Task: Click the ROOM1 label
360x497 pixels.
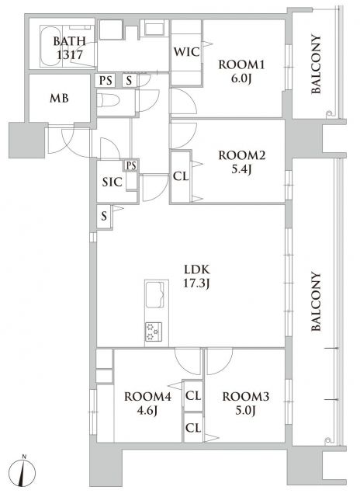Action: point(241,65)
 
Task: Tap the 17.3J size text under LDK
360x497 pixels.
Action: point(196,283)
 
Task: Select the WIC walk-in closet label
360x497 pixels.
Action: point(186,52)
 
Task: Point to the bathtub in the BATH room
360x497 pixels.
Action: point(50,47)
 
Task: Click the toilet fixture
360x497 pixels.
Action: point(108,101)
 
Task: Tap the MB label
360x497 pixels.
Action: point(59,98)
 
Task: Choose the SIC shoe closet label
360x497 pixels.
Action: point(112,182)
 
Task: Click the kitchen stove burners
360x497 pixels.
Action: point(154,332)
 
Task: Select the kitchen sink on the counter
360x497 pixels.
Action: point(154,295)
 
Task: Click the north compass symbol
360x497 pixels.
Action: point(22,473)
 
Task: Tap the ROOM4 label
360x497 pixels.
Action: point(147,397)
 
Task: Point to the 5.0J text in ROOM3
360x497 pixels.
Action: point(245,411)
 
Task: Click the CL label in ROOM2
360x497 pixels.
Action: point(181,176)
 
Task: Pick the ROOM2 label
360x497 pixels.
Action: point(242,155)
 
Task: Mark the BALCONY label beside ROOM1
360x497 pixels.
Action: point(316,64)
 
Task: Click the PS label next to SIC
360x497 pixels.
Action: point(131,165)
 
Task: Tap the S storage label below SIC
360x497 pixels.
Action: point(104,217)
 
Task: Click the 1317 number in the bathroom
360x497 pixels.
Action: point(70,55)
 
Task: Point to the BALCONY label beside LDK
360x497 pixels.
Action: point(316,301)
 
